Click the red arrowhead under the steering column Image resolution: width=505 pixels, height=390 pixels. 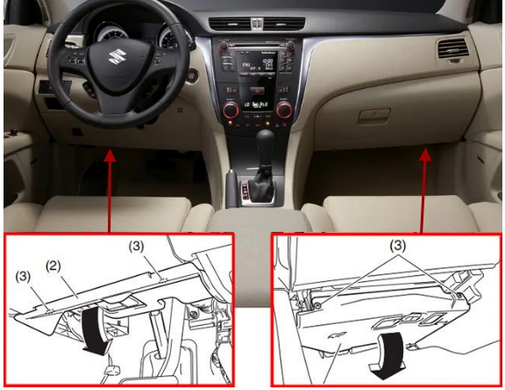110,155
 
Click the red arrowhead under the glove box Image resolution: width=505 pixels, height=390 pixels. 426,155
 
